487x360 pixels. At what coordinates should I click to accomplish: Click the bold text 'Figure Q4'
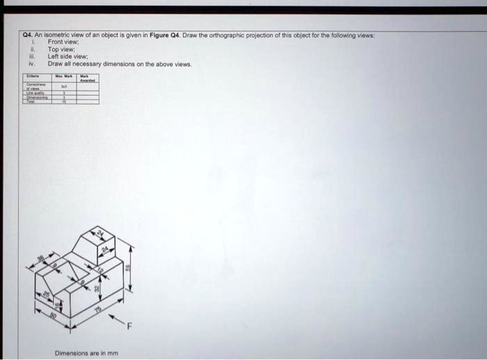165,35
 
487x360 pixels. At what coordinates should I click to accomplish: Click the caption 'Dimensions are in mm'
86,353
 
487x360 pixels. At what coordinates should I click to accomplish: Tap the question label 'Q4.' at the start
27,35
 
